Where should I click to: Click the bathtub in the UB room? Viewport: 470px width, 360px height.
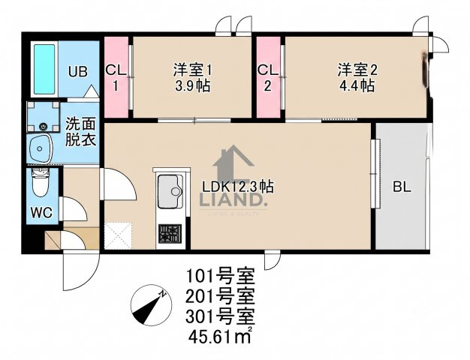[44, 69]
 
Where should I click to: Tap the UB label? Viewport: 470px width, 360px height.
[77, 72]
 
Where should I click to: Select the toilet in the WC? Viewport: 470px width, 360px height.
[41, 183]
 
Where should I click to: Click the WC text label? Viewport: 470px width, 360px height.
[41, 213]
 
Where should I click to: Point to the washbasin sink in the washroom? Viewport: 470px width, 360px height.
[40, 148]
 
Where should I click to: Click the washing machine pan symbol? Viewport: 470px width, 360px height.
[44, 117]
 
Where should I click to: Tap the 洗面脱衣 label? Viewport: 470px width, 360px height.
[80, 132]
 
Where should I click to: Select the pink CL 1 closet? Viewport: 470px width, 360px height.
[116, 77]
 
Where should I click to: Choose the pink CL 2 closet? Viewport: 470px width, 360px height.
[268, 77]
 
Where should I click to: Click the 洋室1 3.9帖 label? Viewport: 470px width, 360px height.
[192, 78]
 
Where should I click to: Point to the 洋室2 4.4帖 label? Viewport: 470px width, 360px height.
[357, 78]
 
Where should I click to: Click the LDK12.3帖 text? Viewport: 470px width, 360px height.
[238, 187]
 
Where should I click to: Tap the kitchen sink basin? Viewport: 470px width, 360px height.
[170, 191]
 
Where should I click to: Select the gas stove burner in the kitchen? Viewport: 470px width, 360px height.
[170, 233]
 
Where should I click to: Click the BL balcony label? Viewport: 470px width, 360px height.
[402, 187]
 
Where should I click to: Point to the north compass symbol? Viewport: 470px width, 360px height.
[152, 305]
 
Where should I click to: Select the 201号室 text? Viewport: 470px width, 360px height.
[220, 296]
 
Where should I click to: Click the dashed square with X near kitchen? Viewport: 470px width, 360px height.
[118, 235]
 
